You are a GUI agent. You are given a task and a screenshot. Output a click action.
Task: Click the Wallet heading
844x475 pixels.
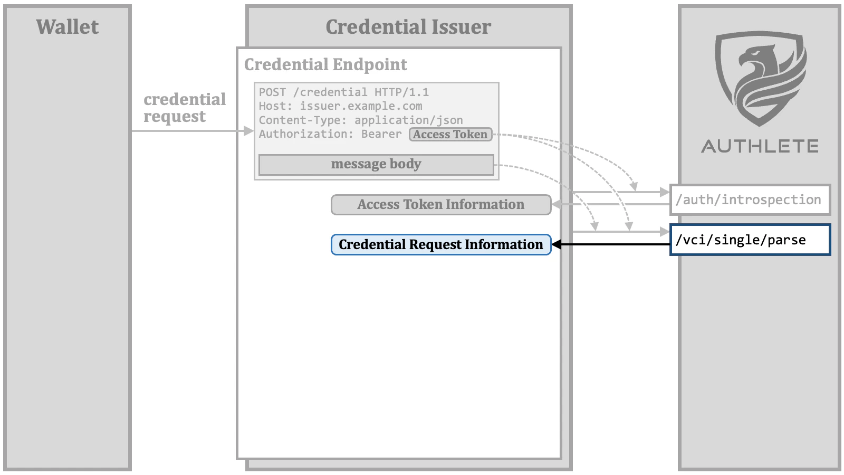coord(67,27)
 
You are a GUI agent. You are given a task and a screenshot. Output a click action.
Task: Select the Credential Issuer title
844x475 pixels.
coord(408,27)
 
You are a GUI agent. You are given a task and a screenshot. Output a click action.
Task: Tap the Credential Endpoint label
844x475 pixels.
coord(325,64)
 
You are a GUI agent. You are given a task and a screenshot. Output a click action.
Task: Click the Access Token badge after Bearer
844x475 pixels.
coord(450,135)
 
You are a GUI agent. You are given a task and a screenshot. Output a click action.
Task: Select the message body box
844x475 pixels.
coord(376,164)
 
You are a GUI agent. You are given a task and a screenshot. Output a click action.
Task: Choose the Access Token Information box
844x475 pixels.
coord(440,205)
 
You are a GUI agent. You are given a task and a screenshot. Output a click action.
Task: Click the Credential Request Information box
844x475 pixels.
coord(440,244)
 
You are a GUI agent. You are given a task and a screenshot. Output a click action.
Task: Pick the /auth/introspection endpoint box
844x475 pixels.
coord(749,200)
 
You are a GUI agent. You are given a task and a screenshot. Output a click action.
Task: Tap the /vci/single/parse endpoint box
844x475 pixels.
coord(749,240)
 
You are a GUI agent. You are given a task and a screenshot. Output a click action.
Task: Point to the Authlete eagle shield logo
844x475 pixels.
coord(760,78)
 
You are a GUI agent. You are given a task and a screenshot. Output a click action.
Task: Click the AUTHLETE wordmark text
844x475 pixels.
coord(760,146)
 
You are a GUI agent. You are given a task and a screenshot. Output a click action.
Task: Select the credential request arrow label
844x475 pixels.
coord(184,108)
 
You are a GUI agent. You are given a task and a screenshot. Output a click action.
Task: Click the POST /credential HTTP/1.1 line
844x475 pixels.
coord(343,92)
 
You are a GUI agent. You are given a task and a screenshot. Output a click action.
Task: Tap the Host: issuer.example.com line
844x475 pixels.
coord(340,106)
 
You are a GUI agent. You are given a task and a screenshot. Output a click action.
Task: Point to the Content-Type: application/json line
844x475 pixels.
coord(360,120)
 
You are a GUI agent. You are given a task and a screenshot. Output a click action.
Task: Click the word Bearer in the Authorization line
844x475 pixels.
coord(381,134)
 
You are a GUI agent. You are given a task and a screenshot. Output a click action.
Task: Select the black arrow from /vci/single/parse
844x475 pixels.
coord(612,244)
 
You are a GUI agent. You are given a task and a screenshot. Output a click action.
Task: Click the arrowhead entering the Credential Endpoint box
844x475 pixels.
coord(248,131)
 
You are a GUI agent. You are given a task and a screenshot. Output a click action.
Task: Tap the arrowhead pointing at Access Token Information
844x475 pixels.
coord(557,205)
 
